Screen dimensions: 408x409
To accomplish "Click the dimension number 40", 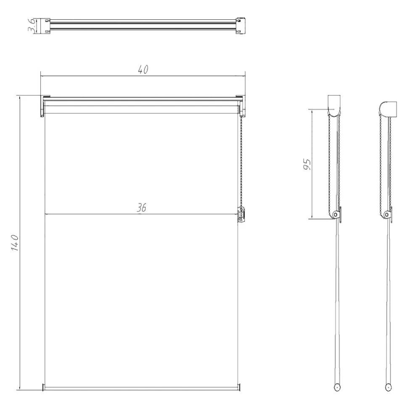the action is [143, 70].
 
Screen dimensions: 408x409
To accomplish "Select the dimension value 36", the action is [141, 208].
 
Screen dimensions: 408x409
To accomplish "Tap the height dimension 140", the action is [15, 243].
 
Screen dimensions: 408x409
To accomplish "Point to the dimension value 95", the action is [307, 164].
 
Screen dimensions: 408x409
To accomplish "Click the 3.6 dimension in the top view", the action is [32, 26].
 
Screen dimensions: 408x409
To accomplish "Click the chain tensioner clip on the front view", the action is [241, 215].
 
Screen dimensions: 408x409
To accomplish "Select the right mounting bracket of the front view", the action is [241, 105].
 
